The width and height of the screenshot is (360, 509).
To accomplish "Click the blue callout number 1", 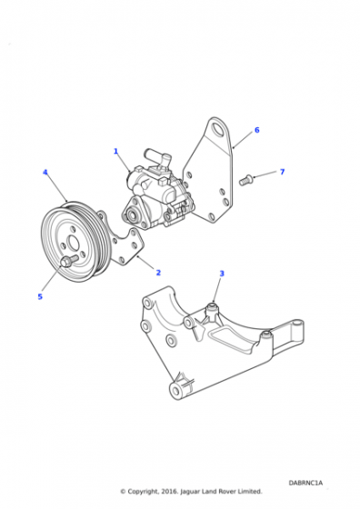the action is [x=115, y=151].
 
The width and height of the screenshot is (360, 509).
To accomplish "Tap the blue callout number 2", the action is [x=158, y=273].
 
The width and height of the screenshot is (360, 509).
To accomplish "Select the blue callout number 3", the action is [x=222, y=274].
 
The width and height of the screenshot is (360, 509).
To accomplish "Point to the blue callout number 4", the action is [x=45, y=172].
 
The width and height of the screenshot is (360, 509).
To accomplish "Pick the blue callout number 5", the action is [x=40, y=296].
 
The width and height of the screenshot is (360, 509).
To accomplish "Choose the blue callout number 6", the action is [x=257, y=130].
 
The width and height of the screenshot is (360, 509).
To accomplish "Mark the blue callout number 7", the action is [x=283, y=172].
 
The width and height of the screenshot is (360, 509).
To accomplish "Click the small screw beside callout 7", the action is [x=245, y=180].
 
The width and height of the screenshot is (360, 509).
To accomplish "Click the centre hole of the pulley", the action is [x=73, y=243].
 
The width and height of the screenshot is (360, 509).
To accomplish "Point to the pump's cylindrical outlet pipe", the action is [x=156, y=156].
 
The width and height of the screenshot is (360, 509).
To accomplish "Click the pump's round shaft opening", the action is [x=132, y=215].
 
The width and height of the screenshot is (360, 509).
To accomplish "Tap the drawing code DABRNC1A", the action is [x=305, y=483].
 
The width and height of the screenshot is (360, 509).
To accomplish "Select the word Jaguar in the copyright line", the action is [x=190, y=492].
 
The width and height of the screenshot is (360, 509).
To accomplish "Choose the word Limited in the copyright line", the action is [x=250, y=491].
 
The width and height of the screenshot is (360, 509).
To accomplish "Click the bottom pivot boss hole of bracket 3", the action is [x=176, y=391].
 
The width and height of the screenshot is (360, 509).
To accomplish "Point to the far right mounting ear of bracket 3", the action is [x=297, y=328].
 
